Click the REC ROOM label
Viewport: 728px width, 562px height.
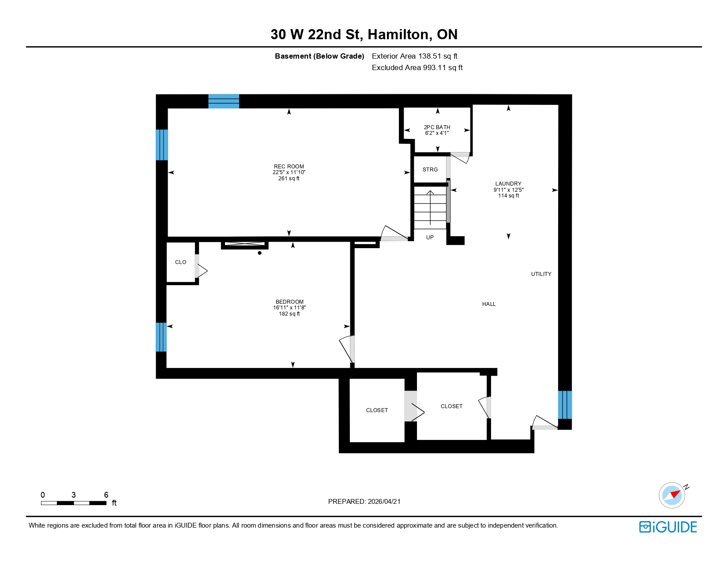tap(289, 167)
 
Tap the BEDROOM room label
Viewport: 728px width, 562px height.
tap(289, 302)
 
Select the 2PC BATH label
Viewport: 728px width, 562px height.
tap(437, 127)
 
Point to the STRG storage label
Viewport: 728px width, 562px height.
tap(430, 170)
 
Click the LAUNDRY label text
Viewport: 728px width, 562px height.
tap(508, 184)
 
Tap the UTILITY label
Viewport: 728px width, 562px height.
tap(541, 274)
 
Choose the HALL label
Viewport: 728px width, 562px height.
tap(489, 304)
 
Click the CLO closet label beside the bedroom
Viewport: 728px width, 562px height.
tap(180, 262)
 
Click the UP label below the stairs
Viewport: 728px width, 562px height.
tap(430, 238)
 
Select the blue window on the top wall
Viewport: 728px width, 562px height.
tap(224, 101)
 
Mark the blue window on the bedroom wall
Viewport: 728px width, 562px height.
tap(161, 337)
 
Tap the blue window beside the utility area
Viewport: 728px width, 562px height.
tap(565, 405)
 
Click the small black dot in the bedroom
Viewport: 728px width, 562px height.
tap(260, 253)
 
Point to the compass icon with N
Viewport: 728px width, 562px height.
tap(672, 495)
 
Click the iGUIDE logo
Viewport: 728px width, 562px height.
tap(668, 527)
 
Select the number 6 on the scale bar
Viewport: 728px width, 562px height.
tap(106, 495)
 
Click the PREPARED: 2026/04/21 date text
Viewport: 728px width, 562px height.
tap(364, 502)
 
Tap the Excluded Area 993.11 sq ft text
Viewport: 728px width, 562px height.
tap(417, 67)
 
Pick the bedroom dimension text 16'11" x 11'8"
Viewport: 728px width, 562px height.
tap(289, 308)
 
